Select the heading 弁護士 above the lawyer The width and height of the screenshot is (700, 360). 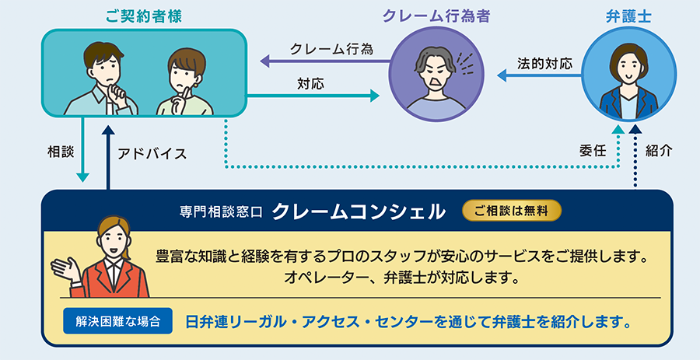625,15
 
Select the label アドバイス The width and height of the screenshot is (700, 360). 152,153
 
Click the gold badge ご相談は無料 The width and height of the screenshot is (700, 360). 511,211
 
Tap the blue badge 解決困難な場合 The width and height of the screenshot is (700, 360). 118,320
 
